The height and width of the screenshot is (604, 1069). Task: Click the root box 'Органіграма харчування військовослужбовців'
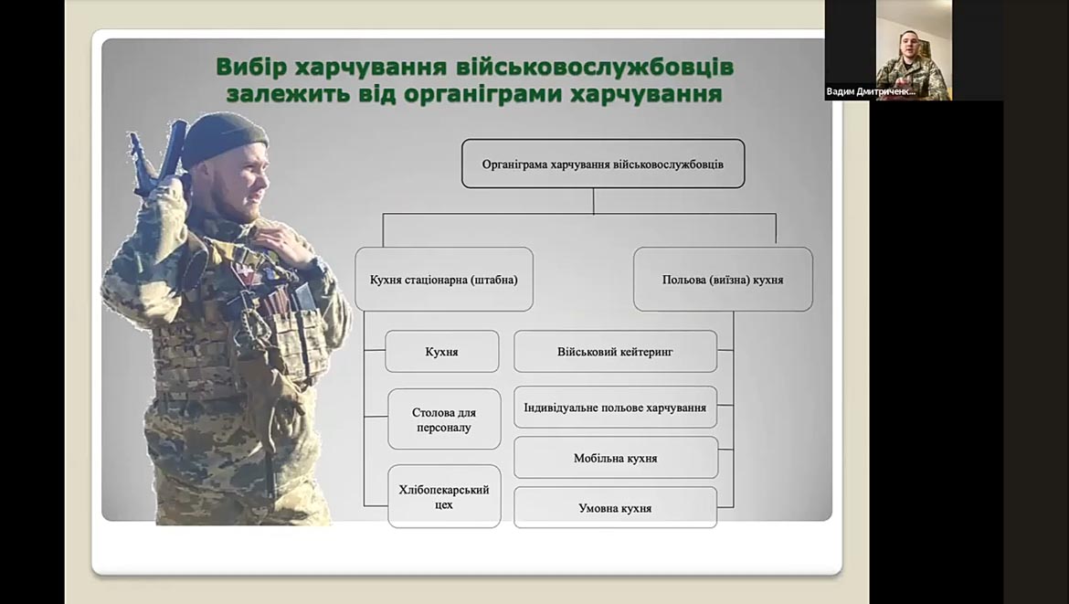tap(603, 164)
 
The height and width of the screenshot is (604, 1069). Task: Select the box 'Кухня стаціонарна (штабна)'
tap(444, 280)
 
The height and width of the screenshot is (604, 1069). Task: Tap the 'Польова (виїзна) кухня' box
tap(723, 280)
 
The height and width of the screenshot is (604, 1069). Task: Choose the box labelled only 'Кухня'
tap(442, 352)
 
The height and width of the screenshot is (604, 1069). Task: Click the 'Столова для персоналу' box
tap(445, 419)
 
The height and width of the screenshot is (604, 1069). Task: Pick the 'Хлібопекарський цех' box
tap(445, 496)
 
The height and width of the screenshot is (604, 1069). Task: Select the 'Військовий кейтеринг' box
tap(615, 352)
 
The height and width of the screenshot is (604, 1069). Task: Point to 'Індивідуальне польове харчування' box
tap(615, 408)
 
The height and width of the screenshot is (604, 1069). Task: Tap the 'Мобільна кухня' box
tap(616, 458)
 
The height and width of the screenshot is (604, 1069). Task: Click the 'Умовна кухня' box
tap(615, 508)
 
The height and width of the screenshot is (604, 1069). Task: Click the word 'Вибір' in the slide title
tap(242, 68)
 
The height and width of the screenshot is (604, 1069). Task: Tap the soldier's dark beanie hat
tap(222, 137)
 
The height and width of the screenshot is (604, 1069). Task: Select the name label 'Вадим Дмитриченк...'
tap(871, 91)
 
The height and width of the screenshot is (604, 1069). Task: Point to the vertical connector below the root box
tap(593, 201)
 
